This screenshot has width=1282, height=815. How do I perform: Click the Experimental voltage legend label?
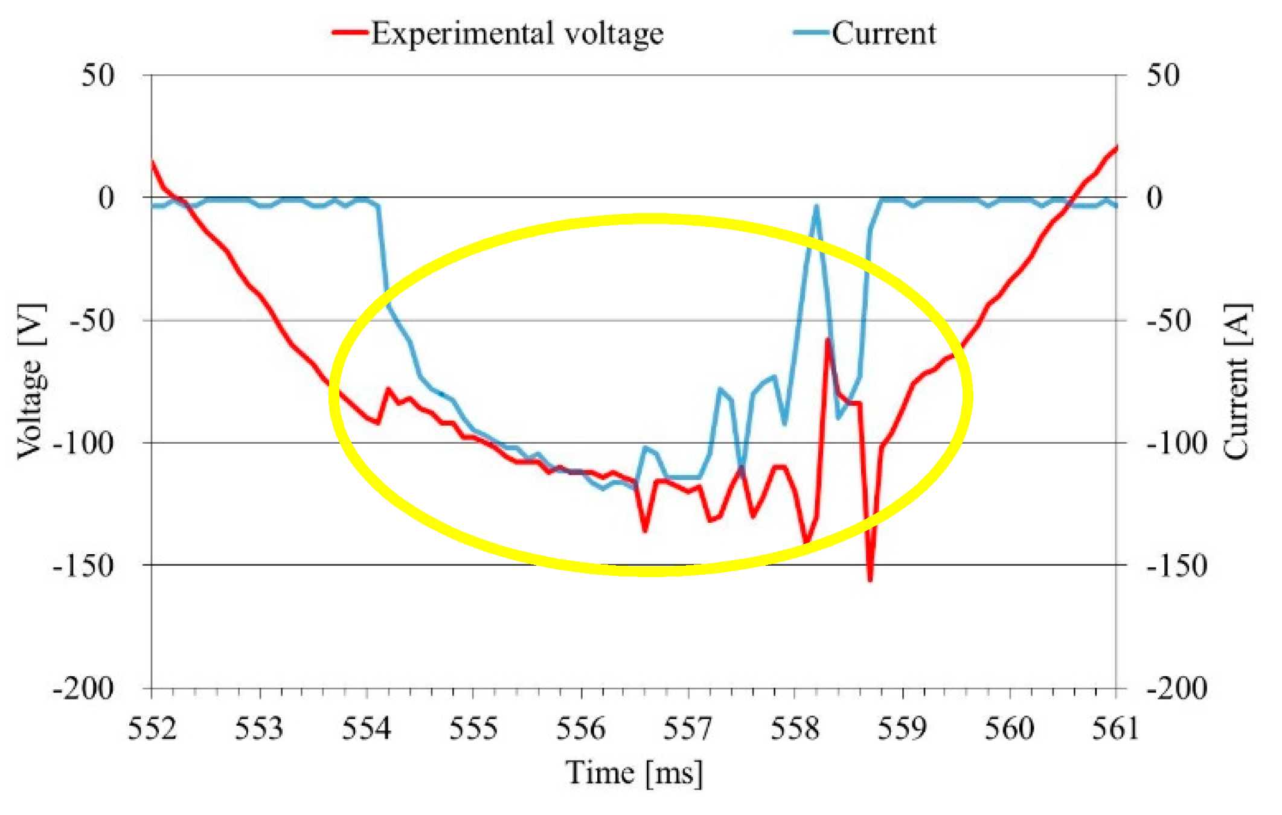[517, 33]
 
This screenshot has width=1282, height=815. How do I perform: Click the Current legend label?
[883, 33]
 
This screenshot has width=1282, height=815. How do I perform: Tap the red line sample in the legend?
[350, 33]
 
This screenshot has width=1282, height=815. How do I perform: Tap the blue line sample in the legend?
[811, 33]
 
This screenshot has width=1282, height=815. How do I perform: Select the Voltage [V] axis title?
[30, 382]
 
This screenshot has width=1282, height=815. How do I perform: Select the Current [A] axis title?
[1237, 382]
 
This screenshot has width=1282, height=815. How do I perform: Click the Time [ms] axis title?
[634, 773]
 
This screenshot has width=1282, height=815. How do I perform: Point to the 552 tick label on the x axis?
[152, 728]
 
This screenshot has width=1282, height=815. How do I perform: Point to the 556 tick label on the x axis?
[580, 728]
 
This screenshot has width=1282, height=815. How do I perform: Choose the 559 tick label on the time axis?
[902, 728]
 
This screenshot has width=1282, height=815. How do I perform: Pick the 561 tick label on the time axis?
[1115, 728]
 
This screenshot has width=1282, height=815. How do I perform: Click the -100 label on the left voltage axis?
[83, 444]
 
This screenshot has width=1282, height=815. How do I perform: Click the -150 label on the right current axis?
[1176, 566]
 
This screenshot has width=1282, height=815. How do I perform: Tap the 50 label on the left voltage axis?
[98, 76]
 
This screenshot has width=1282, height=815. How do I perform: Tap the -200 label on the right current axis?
[1176, 688]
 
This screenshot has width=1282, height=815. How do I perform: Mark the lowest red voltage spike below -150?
[870, 580]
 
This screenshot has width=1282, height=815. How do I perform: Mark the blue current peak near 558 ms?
[816, 206]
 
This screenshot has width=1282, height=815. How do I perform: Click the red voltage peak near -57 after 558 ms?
[827, 340]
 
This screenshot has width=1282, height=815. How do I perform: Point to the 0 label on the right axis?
[1154, 198]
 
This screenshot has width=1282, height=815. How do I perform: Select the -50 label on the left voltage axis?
[91, 320]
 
